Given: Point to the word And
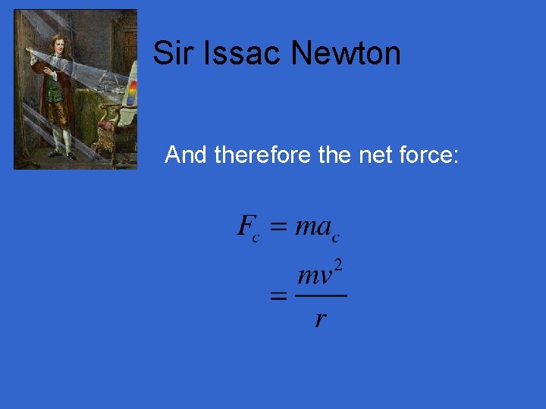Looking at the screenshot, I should pyautogui.click(x=187, y=155).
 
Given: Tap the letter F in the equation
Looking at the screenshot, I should pyautogui.click(x=246, y=225).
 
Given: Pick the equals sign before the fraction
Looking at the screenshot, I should pyautogui.click(x=278, y=298).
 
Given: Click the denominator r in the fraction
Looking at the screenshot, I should pyautogui.click(x=320, y=319).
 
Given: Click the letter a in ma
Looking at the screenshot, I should pyautogui.click(x=324, y=226).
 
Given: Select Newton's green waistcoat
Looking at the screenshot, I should pyautogui.click(x=54, y=89).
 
